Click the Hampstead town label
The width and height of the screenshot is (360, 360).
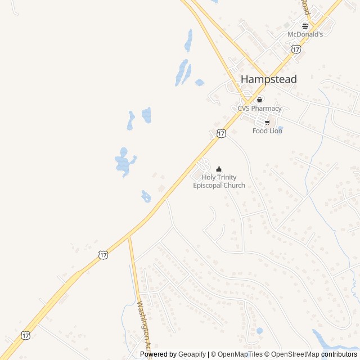tap(268, 79)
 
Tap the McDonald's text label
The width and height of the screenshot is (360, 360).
tap(305, 34)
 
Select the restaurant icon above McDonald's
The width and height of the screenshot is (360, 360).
tap(305, 26)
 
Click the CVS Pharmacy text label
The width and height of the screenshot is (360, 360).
tap(259, 109)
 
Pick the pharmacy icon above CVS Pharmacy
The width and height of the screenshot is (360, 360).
tap(259, 100)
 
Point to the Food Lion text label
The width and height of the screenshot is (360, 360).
tap(267, 131)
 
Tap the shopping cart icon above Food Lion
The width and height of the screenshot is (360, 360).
tap(267, 123)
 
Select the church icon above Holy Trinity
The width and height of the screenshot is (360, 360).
tap(219, 169)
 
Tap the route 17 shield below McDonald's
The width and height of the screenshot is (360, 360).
tap(296, 49)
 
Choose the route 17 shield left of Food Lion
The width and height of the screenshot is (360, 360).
tap(221, 133)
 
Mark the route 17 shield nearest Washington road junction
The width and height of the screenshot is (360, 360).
tap(102, 255)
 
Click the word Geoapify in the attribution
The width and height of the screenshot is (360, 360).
tap(192, 354)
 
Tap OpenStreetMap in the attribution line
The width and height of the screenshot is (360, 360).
tap(295, 354)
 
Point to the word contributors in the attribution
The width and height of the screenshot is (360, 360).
tap(339, 354)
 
